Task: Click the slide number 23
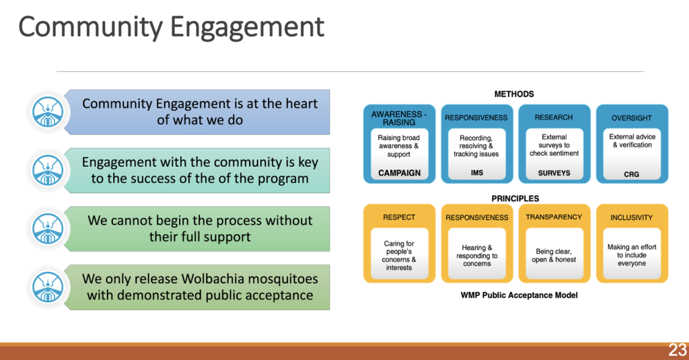pyautogui.click(x=677, y=350)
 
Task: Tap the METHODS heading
pyautogui.click(x=514, y=94)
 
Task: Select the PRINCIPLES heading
pyautogui.click(x=515, y=199)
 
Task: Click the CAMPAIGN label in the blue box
pyautogui.click(x=399, y=173)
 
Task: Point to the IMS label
pyautogui.click(x=476, y=173)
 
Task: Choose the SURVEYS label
pyautogui.click(x=554, y=173)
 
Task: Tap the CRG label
pyautogui.click(x=631, y=174)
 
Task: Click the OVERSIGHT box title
pyautogui.click(x=631, y=118)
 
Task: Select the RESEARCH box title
pyautogui.click(x=554, y=117)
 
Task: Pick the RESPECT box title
pyautogui.click(x=399, y=217)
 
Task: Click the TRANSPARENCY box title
pyautogui.click(x=554, y=217)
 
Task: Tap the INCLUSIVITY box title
pyautogui.click(x=631, y=217)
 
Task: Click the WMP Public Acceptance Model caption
pyautogui.click(x=514, y=295)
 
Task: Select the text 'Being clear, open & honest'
pyautogui.click(x=554, y=255)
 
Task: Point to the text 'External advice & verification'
pyautogui.click(x=631, y=141)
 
